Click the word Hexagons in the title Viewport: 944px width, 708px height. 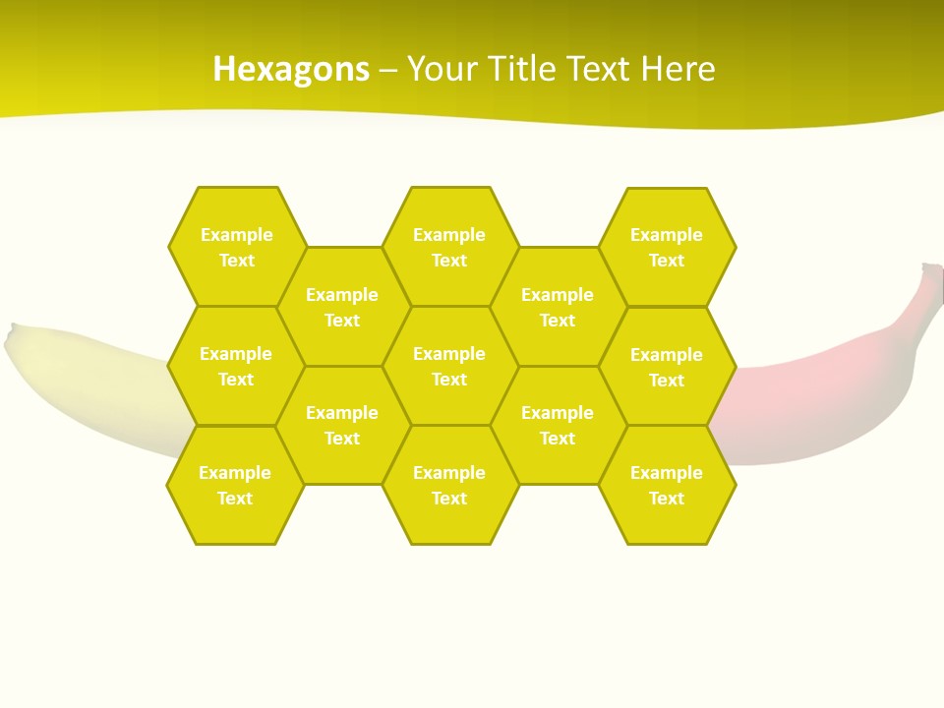click(291, 69)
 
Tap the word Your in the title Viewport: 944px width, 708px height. click(439, 69)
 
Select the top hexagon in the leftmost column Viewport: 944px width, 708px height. click(237, 247)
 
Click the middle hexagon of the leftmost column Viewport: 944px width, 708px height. click(236, 366)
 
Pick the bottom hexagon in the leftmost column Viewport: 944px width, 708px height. click(235, 485)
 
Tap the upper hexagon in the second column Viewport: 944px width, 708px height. click(342, 307)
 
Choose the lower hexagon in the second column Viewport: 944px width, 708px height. click(342, 425)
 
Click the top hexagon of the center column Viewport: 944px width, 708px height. click(449, 247)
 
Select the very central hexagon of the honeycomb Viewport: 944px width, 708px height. click(449, 366)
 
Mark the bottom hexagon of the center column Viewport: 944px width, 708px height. click(449, 485)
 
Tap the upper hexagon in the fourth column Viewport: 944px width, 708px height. click(558, 307)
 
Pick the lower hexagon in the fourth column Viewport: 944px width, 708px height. click(558, 425)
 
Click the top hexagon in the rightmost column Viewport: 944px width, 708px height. click(667, 247)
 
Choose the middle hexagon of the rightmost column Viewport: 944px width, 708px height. click(667, 367)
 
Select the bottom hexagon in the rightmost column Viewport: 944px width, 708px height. click(667, 485)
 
